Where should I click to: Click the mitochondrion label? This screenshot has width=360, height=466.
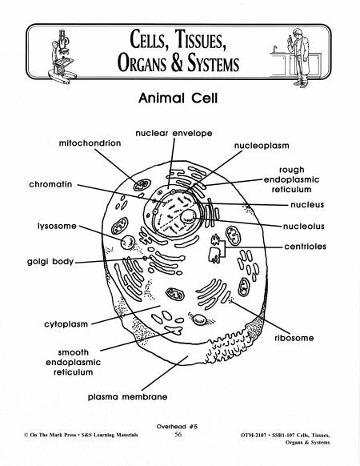90,143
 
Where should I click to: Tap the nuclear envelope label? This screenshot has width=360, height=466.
174,133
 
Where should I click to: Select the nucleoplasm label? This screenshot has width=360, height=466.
262,146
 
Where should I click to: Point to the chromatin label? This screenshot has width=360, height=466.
50,184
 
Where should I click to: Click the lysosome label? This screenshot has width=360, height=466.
57,226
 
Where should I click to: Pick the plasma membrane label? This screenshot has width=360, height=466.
127,396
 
